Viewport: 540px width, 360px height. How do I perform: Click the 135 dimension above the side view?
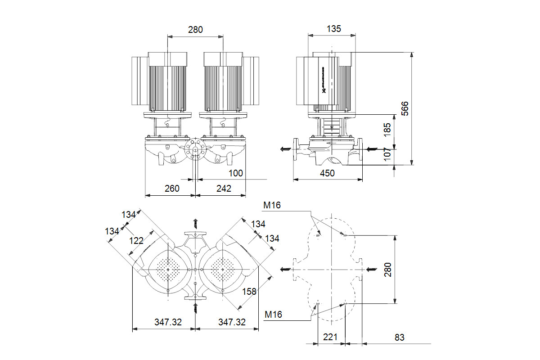[333, 29]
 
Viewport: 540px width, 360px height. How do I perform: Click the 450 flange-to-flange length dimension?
[327, 173]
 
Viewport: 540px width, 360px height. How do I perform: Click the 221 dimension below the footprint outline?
[331, 337]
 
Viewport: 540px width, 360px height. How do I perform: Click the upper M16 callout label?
[272, 206]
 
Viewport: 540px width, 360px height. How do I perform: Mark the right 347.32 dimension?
[232, 322]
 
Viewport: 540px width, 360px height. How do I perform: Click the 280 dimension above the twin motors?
[195, 30]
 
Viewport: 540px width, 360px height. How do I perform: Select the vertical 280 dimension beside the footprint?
[388, 269]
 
